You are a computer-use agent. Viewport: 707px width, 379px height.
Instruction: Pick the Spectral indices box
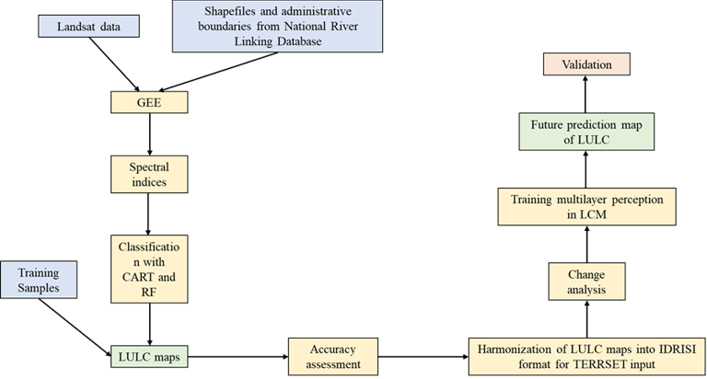coord(148,173)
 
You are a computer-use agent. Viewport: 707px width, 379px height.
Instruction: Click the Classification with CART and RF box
coord(148,267)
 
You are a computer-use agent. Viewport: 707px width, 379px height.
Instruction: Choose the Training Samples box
coord(40,279)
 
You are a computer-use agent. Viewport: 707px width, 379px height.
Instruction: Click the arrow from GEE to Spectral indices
coord(148,132)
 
